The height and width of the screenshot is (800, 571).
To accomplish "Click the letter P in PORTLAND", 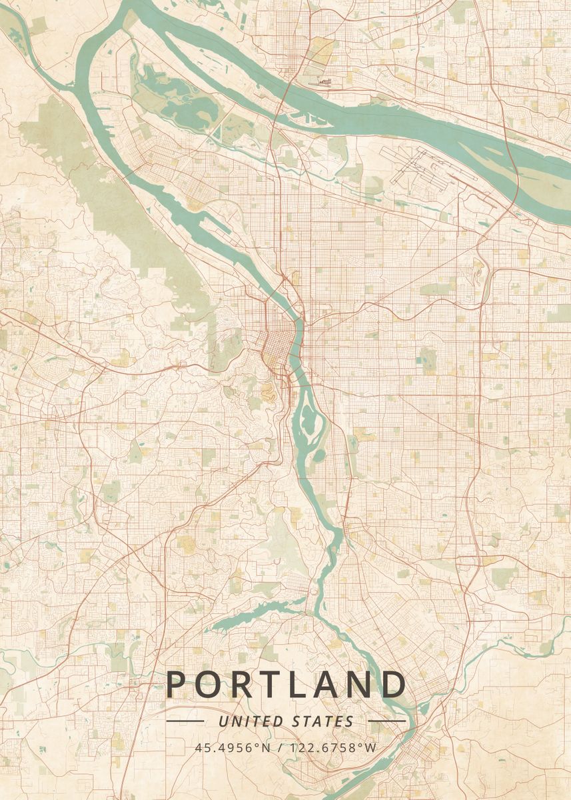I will (177, 685).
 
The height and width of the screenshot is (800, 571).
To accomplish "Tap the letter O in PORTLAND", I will (211, 685).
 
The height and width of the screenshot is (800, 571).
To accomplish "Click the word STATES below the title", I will (323, 721).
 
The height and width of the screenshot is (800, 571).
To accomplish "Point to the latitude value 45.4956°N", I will (233, 747).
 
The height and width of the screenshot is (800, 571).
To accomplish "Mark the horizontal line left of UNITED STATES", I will (185, 721).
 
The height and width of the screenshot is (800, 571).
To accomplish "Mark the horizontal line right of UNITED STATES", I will (386, 721).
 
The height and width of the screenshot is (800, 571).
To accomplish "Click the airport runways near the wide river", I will (426, 167).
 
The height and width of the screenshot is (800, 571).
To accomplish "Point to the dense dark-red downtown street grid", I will (275, 347).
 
